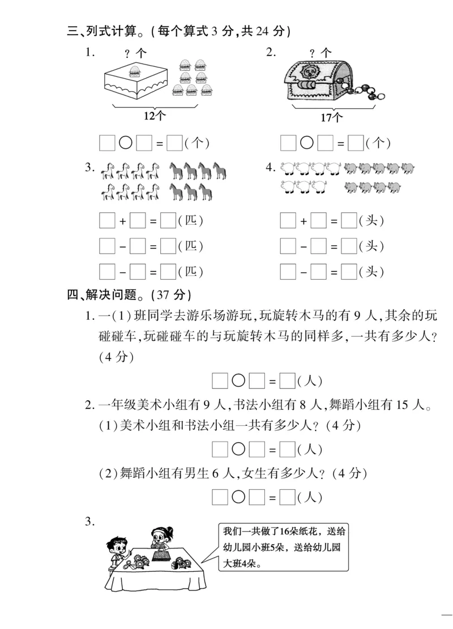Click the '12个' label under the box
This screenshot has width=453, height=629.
point(153,115)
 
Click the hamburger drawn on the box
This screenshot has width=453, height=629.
point(135,71)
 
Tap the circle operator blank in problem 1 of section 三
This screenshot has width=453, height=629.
point(126,144)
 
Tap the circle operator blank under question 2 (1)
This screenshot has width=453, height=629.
point(238,450)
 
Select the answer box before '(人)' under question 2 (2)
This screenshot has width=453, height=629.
point(288,498)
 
